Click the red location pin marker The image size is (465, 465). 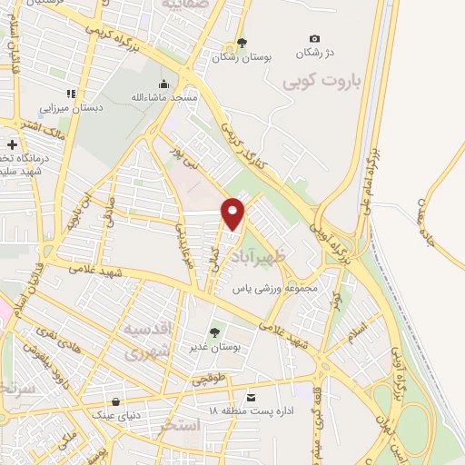[233, 213]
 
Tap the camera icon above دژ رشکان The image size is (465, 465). [314, 39]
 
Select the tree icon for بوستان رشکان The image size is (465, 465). [241, 43]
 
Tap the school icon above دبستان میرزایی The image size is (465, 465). [70, 93]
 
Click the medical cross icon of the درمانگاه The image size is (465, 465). [11, 143]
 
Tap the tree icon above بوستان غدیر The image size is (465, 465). [214, 332]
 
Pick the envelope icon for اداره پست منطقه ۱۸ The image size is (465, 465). [252, 398]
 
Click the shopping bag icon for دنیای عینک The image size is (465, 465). [115, 402]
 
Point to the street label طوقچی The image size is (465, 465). [207, 382]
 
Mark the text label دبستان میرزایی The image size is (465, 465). [78, 106]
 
